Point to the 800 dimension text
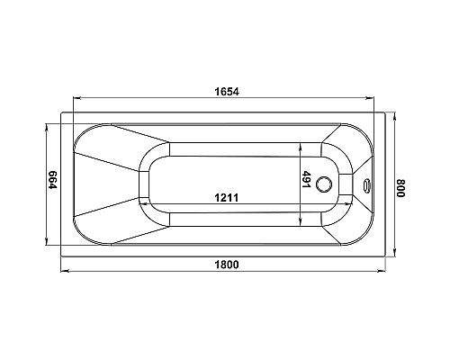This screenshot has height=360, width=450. [x=401, y=189]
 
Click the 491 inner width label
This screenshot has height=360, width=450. [x=308, y=180]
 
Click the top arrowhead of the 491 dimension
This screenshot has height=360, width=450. [x=301, y=148]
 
